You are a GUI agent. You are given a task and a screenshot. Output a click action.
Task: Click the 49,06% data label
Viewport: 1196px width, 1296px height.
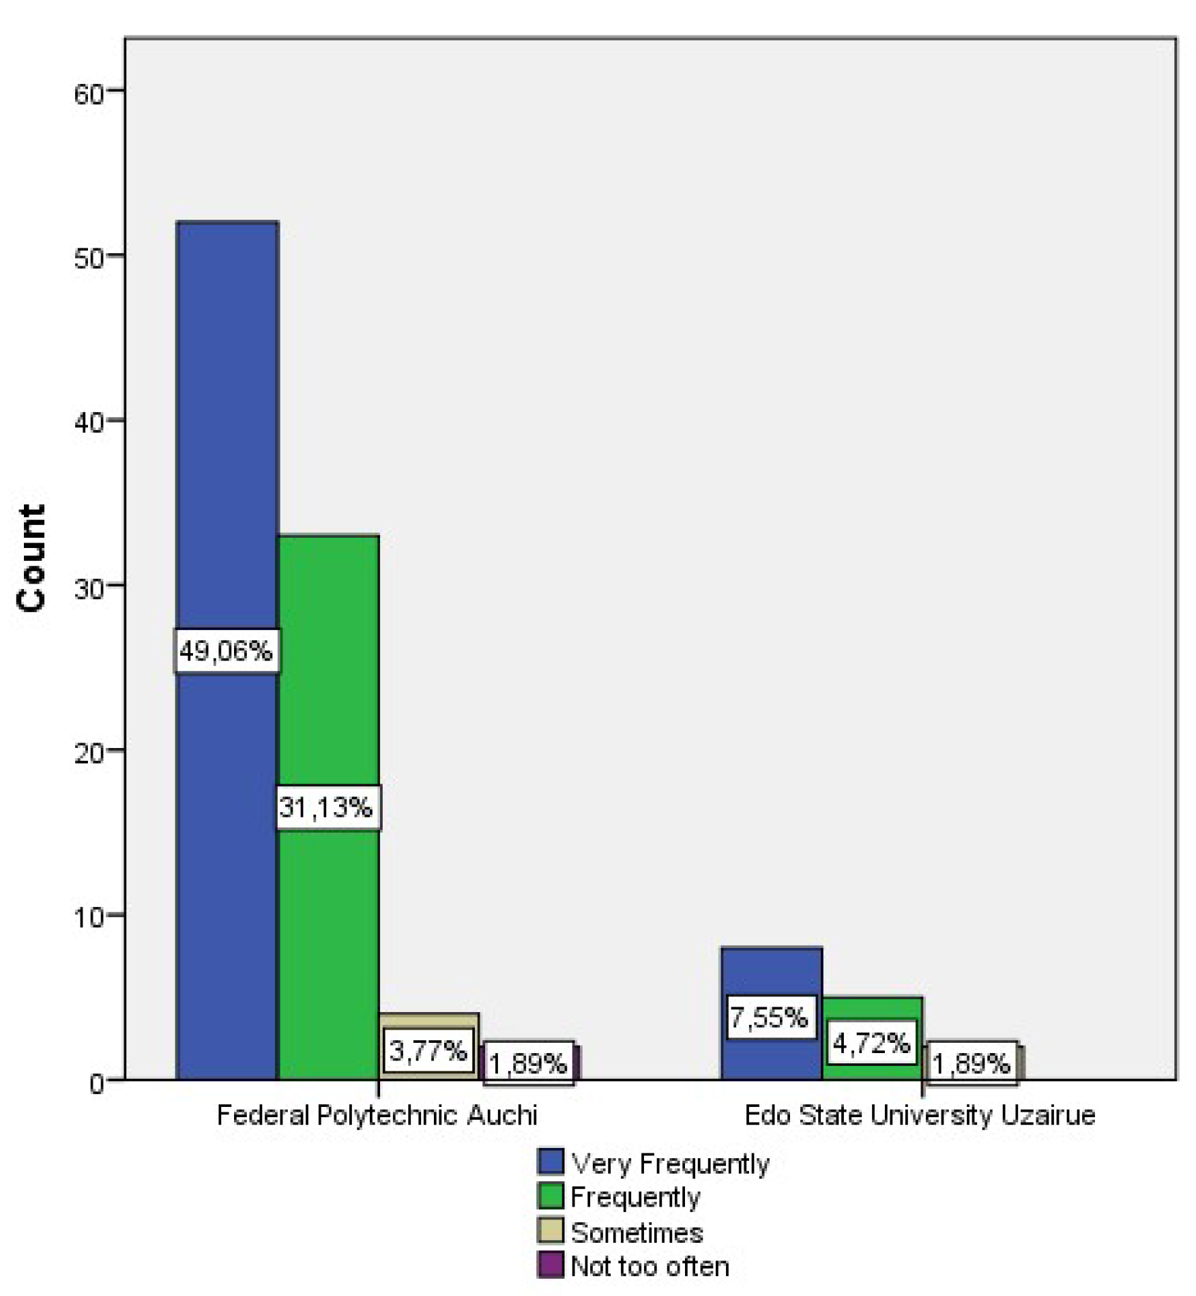click(226, 651)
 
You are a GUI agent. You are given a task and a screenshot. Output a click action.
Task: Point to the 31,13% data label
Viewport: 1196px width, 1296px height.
click(327, 807)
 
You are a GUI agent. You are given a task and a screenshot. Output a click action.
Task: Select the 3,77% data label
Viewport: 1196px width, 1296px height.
click(428, 1050)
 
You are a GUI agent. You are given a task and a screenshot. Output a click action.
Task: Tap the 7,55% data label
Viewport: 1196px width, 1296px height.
click(770, 1018)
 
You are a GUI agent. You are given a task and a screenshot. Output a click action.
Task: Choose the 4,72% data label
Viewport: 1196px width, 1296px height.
click(871, 1043)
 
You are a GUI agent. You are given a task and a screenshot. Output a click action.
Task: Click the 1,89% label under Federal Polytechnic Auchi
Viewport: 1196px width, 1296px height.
click(529, 1063)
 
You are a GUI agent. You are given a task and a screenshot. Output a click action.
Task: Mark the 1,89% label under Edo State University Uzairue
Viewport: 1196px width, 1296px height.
click(972, 1063)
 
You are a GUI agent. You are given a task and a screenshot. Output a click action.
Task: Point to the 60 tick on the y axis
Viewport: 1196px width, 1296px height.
click(89, 93)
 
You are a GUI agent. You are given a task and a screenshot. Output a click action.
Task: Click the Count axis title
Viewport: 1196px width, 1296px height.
click(31, 558)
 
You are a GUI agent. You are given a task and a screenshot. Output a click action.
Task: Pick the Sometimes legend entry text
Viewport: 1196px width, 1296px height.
click(637, 1233)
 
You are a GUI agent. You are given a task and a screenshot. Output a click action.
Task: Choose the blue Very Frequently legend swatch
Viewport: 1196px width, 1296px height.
click(550, 1162)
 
